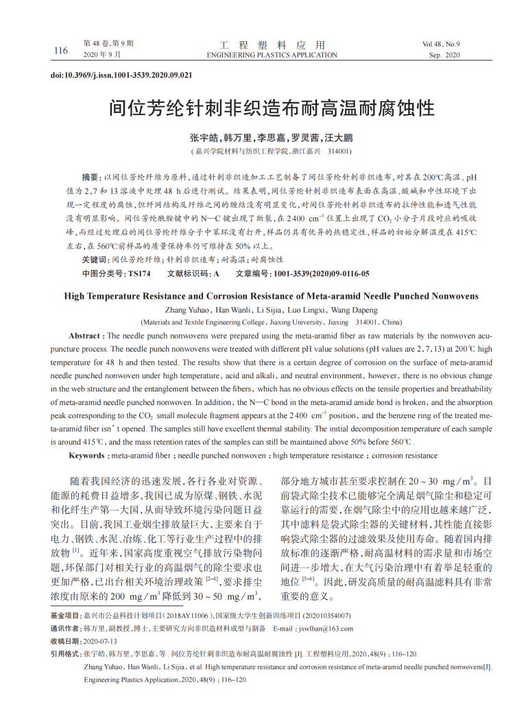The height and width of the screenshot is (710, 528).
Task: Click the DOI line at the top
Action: [121, 75]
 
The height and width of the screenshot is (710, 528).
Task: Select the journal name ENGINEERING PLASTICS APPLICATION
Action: [272, 55]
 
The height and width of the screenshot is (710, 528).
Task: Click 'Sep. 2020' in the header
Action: [444, 55]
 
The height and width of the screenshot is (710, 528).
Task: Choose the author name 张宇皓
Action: [204, 137]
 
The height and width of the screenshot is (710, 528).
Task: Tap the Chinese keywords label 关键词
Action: [94, 260]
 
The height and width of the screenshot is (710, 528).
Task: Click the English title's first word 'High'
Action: [76, 296]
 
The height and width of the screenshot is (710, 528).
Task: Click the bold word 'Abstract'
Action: [86, 336]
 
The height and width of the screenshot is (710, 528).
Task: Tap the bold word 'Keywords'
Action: [87, 455]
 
